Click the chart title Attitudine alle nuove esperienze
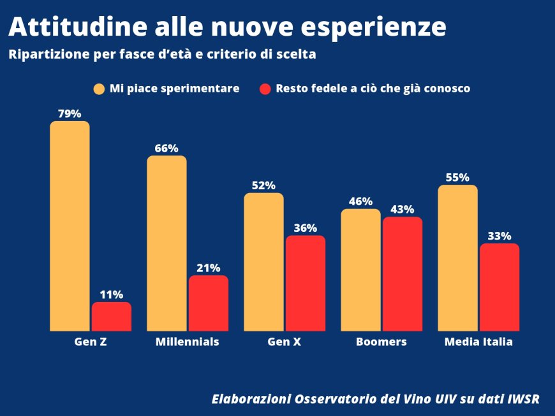pyautogui.click(x=227, y=27)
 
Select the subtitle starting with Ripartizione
pyautogui.click(x=163, y=55)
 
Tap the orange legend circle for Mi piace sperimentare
pyautogui.click(x=99, y=89)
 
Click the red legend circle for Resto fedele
pyautogui.click(x=265, y=89)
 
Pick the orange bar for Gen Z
pyautogui.click(x=70, y=226)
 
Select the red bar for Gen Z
pyautogui.click(x=112, y=317)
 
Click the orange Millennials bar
pyautogui.click(x=166, y=243)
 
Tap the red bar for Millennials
pyautogui.click(x=209, y=303)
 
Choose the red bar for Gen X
pyautogui.click(x=306, y=283)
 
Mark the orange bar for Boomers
pyautogui.click(x=360, y=270)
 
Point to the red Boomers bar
pyautogui.click(x=403, y=274)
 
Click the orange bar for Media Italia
pyautogui.click(x=457, y=258)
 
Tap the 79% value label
pyautogui.click(x=70, y=114)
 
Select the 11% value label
pyautogui.click(x=112, y=294)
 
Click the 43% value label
pyautogui.click(x=403, y=209)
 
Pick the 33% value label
pyautogui.click(x=500, y=236)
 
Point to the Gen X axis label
pyautogui.click(x=285, y=342)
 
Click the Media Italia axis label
pyautogui.click(x=478, y=342)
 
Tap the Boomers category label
pyautogui.click(x=381, y=342)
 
